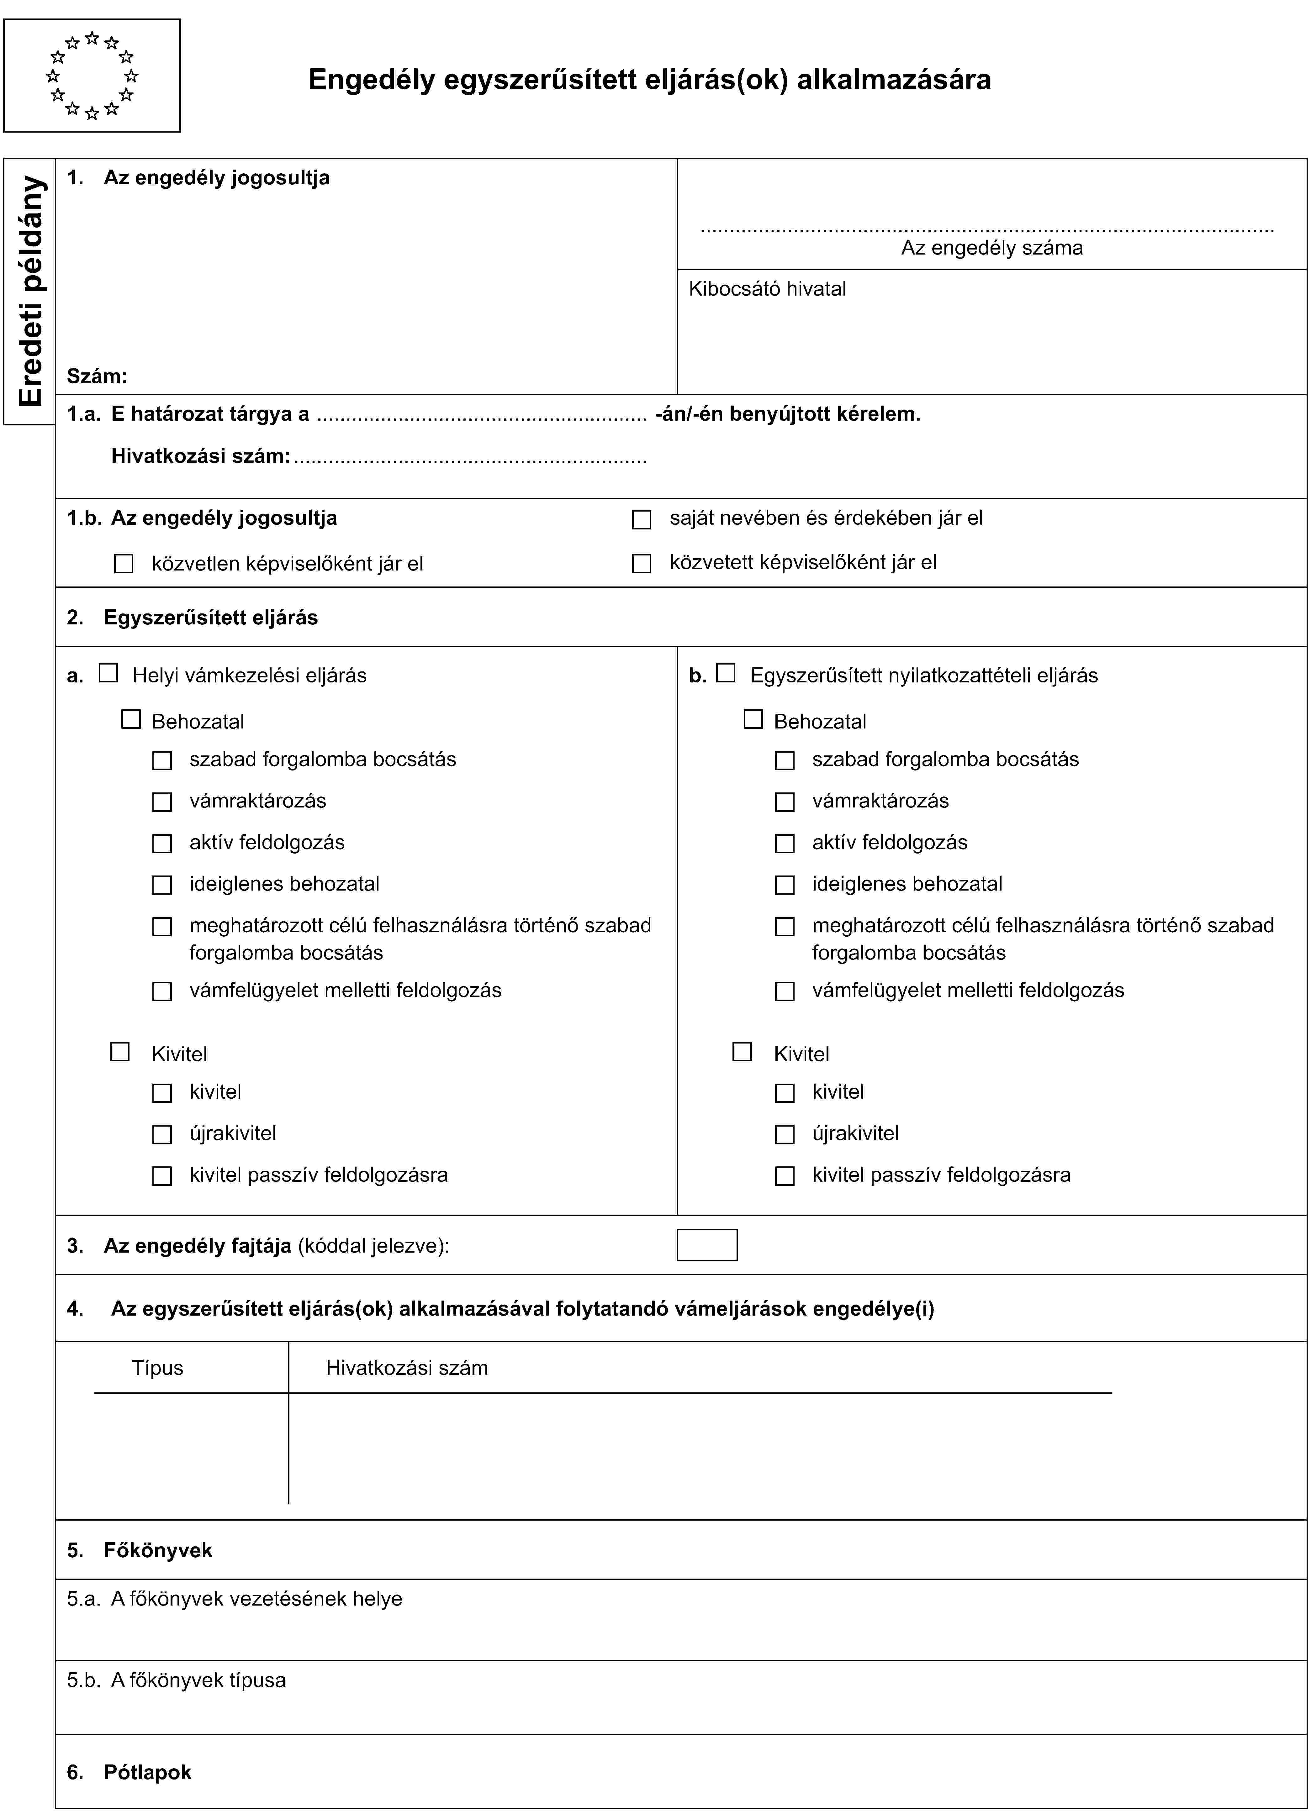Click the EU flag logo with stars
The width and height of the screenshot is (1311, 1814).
click(92, 75)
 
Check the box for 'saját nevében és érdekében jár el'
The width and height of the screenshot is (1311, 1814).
click(642, 520)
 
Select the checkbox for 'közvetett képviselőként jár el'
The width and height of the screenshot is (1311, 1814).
click(642, 564)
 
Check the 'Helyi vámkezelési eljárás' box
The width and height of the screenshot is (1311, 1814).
click(108, 673)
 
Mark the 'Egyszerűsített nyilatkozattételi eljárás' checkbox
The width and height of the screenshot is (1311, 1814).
click(726, 673)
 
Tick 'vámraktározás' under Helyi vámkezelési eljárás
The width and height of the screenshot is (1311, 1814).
click(162, 802)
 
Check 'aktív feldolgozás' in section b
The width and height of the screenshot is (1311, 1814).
click(785, 843)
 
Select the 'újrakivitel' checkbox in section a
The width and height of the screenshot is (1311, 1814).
click(162, 1134)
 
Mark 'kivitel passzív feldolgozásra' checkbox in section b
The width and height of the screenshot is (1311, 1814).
click(785, 1176)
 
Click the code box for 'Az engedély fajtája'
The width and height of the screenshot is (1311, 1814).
click(707, 1245)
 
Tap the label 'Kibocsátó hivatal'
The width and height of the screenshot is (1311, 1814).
click(767, 289)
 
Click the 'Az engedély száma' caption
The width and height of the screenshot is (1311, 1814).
click(992, 248)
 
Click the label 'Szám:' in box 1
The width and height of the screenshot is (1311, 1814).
click(97, 376)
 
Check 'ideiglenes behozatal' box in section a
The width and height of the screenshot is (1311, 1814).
click(162, 885)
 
